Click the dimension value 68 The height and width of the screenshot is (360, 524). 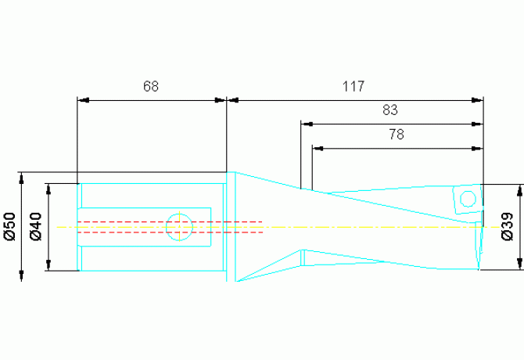151,86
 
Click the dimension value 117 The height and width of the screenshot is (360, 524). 354,86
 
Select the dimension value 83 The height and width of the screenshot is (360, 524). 390,110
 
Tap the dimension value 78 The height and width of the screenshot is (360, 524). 397,134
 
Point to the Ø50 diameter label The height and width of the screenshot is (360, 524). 10,226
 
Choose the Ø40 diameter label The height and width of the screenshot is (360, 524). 36,226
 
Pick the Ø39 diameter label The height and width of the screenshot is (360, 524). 508,226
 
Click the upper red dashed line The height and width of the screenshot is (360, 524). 170,222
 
